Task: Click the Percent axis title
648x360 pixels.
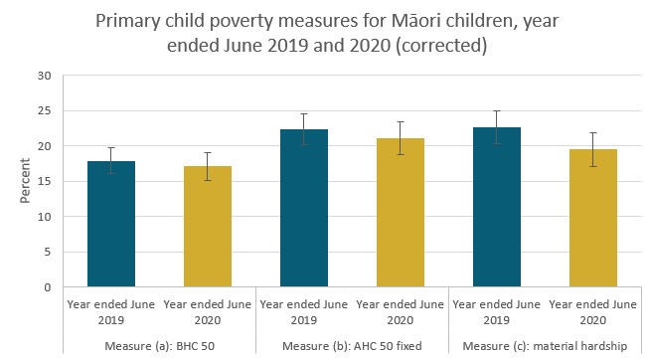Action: pos(25,181)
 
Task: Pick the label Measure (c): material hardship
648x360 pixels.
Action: pos(547,345)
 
